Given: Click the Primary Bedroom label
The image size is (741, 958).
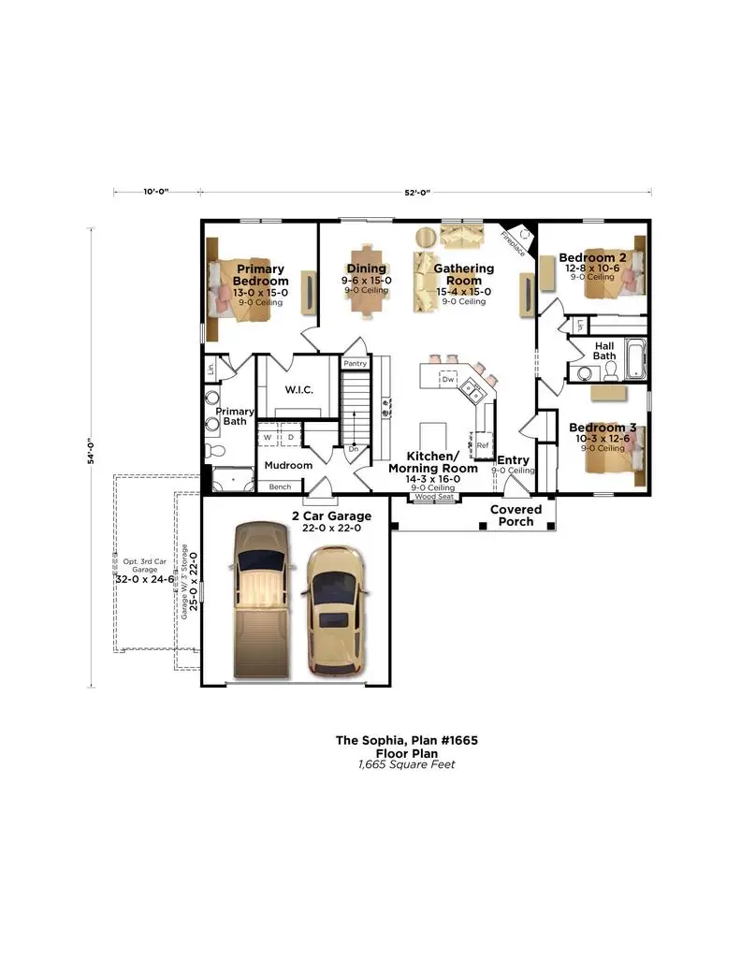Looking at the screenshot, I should pyautogui.click(x=260, y=275).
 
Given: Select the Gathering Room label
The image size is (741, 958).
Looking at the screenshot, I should pyautogui.click(x=463, y=275).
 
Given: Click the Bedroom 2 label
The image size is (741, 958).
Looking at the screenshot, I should pyautogui.click(x=591, y=257).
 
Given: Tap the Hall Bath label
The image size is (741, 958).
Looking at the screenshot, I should pyautogui.click(x=603, y=351).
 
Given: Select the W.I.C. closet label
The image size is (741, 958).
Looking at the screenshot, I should pyautogui.click(x=298, y=389).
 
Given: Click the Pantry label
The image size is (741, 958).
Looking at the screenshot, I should pyautogui.click(x=355, y=363).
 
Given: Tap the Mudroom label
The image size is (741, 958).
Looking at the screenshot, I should pyautogui.click(x=287, y=465).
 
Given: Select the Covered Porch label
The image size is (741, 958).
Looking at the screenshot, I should pyautogui.click(x=516, y=515).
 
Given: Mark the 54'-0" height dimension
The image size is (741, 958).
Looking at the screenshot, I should pyautogui.click(x=92, y=456).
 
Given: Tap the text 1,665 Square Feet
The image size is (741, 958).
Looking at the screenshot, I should pyautogui.click(x=406, y=764).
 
